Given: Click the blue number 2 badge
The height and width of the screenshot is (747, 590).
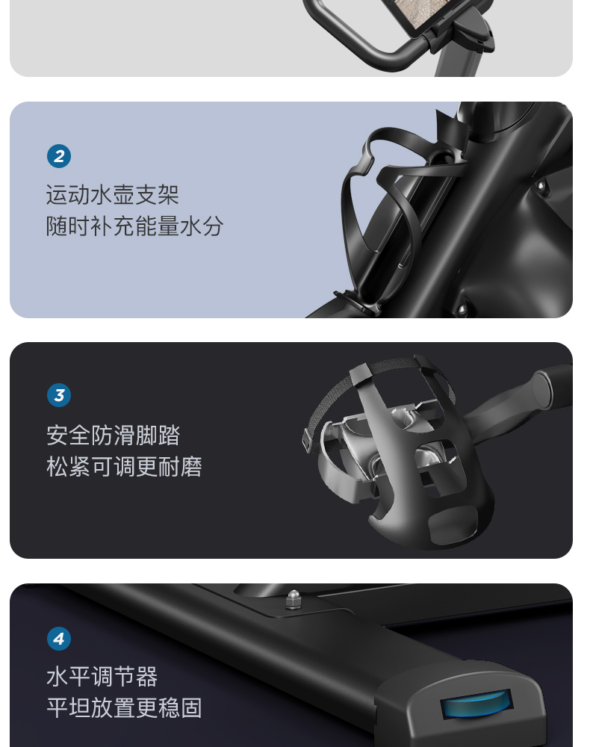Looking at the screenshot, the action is click(59, 156).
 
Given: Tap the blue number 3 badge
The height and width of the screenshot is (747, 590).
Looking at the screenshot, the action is click(59, 395).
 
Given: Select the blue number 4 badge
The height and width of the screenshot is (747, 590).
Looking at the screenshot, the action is click(59, 639).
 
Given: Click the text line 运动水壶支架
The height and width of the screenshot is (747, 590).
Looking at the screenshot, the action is click(112, 195).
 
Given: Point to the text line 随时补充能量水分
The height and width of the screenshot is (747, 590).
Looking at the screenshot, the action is click(134, 226).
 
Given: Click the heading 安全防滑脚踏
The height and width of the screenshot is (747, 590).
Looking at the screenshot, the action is click(114, 436).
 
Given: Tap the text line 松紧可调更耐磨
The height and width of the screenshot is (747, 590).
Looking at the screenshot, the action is click(124, 467).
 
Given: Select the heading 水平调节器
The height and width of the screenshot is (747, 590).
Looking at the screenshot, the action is click(102, 677).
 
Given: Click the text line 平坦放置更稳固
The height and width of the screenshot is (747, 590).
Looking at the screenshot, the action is click(124, 708).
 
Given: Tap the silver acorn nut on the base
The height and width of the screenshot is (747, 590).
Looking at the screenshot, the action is click(294, 600).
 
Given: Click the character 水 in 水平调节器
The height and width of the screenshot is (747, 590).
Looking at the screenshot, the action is click(58, 677).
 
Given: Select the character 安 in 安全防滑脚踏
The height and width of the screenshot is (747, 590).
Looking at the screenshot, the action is click(58, 436).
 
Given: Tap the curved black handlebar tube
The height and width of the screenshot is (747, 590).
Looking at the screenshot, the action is click(353, 36).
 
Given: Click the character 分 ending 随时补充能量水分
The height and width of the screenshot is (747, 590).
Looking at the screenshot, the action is click(213, 226).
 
